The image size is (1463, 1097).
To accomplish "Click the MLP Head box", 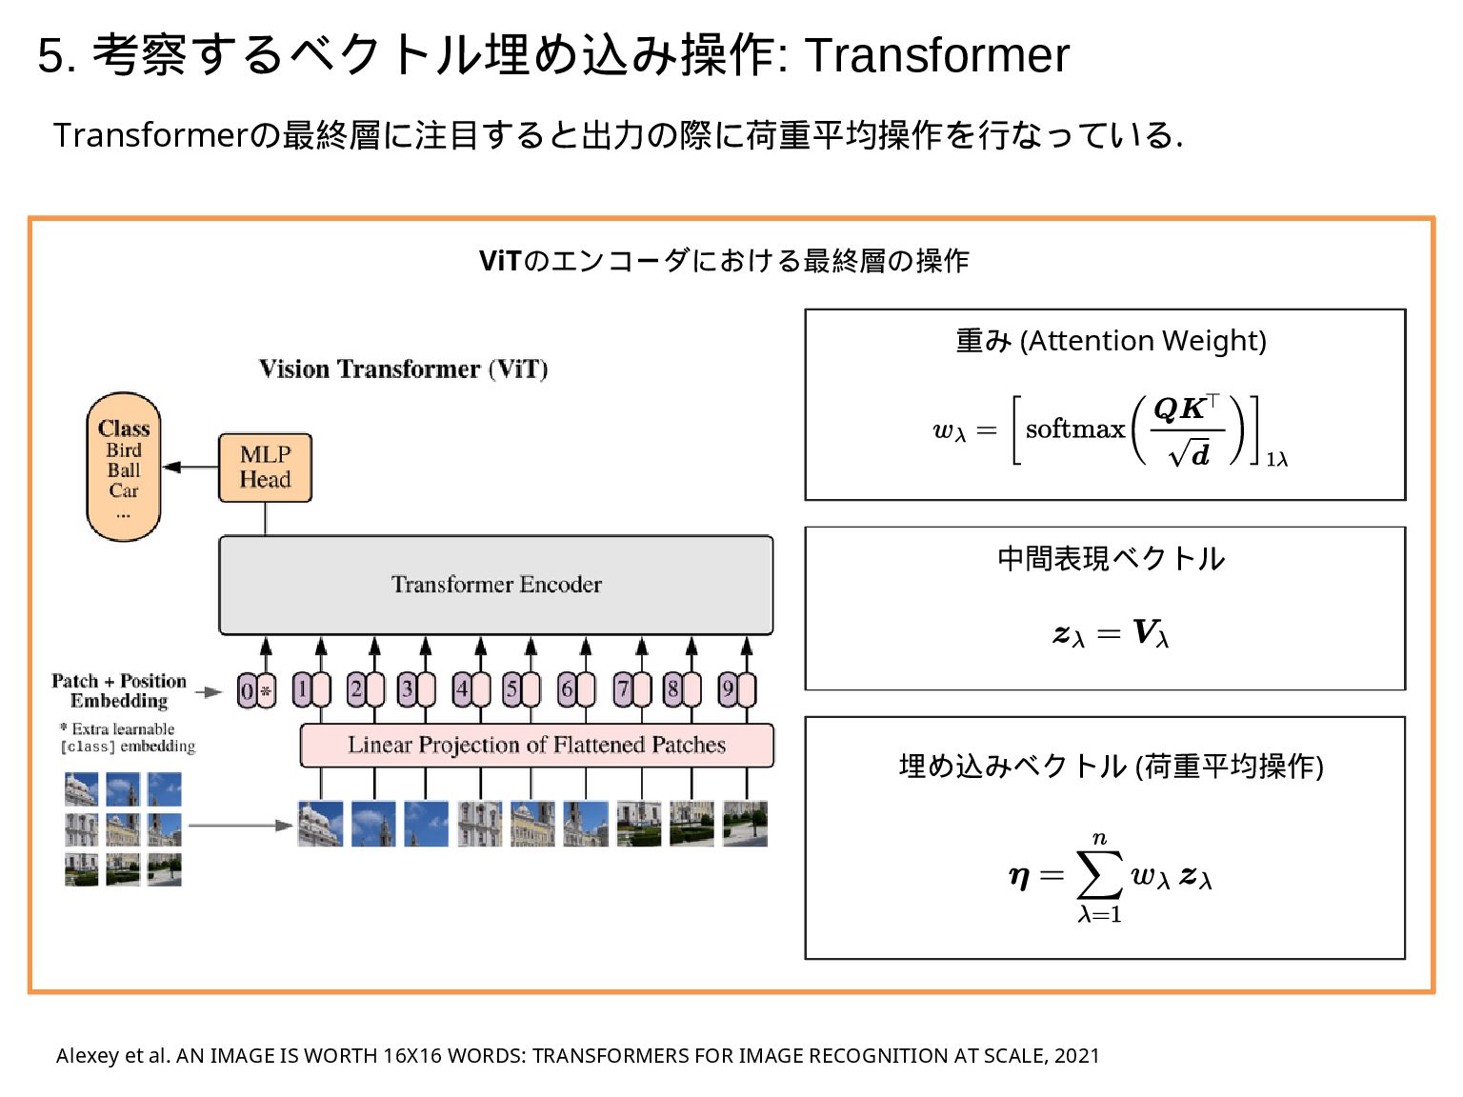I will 265,468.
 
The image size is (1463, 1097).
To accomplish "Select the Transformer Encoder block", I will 496,585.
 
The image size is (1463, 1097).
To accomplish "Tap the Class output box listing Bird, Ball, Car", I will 124,468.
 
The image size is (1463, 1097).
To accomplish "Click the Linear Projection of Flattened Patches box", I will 536,745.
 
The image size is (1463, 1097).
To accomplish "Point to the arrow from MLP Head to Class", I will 190,467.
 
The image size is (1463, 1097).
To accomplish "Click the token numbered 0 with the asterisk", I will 255,690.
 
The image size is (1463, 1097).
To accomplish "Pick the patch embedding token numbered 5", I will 521,689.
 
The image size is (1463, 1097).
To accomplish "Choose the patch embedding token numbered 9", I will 736,689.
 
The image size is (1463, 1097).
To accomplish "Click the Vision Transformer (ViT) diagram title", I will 403,369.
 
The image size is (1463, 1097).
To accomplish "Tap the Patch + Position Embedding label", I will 119,691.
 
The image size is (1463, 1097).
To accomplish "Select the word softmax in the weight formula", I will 1075,429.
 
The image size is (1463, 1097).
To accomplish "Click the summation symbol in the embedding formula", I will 1099,875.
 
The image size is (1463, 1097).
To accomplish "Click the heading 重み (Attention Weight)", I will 1111,341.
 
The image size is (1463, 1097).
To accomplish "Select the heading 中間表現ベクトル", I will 1111,559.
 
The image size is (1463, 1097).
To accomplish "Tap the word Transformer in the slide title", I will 937,55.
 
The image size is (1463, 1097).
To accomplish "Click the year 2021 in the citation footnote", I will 1077,1055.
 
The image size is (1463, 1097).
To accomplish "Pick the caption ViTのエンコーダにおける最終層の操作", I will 724,261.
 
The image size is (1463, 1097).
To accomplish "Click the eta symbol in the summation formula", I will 1019,876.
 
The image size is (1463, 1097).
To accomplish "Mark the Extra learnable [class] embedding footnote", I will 128,738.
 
